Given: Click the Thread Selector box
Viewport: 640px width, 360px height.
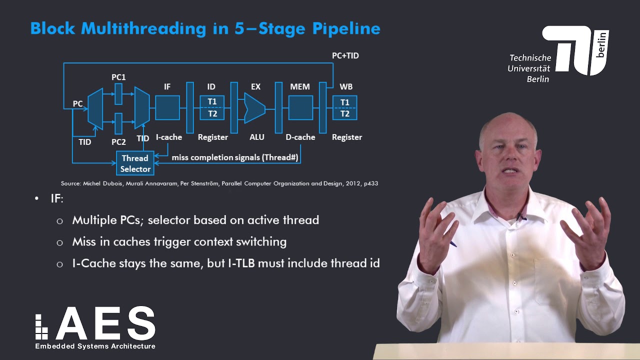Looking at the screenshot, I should point(135,163).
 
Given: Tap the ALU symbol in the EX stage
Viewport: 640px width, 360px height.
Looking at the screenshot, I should point(254,108).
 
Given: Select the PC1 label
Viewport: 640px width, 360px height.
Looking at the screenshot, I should point(118,77).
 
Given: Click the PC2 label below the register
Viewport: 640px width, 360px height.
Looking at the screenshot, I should point(118,142).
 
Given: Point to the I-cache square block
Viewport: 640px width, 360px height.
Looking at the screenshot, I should point(167,108).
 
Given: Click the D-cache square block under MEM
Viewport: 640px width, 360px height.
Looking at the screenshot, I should point(300,108).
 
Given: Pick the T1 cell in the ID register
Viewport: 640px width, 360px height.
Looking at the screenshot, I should point(212,101).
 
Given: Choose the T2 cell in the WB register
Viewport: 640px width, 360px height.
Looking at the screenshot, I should point(345,114).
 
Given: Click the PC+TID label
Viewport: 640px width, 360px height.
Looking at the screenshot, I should point(345,55).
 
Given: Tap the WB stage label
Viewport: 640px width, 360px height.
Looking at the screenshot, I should point(346,86).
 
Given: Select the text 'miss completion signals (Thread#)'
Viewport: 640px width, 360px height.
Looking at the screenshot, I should point(235,157).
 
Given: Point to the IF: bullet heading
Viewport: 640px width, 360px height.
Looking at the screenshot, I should point(56,198).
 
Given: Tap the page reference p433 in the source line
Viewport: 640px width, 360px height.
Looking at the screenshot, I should point(370,183).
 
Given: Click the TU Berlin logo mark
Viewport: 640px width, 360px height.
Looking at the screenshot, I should point(575,50).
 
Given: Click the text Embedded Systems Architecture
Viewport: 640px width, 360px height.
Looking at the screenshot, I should point(95,346).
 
